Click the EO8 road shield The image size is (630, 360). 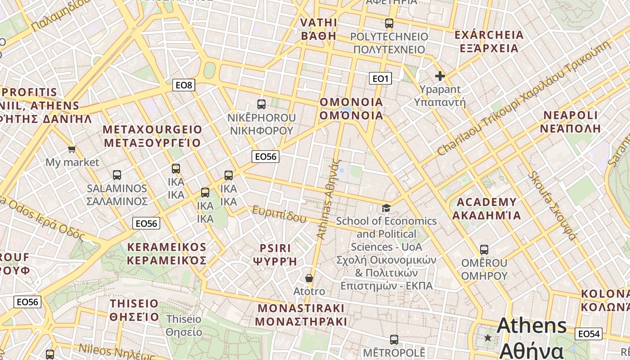click(184, 85)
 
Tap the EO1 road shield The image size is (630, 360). click(380, 79)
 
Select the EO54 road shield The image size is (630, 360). click(589, 333)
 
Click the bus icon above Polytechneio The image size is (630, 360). click(389, 23)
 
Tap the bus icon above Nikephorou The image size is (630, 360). click(261, 104)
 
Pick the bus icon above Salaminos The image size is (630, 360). click(117, 175)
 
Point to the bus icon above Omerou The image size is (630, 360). click(484, 249)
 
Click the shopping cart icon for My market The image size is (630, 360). click(72, 149)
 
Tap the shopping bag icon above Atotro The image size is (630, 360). click(309, 278)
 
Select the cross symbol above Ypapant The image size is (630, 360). click(440, 76)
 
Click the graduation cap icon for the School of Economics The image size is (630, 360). click(386, 208)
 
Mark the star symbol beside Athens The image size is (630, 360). click(488, 337)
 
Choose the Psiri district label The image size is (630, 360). click(275, 254)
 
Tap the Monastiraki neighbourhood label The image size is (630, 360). click(301, 315)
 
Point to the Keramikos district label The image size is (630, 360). click(166, 254)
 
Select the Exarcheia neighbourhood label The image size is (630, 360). click(489, 41)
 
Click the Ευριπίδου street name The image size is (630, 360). click(279, 214)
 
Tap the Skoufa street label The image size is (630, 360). click(553, 205)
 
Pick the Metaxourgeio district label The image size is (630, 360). click(153, 136)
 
